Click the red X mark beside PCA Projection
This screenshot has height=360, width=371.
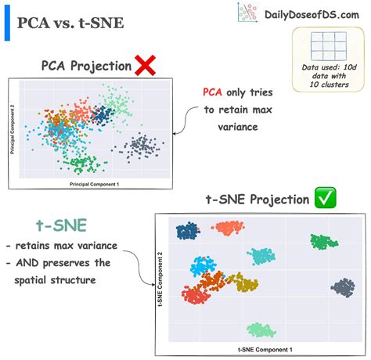pos(145,66)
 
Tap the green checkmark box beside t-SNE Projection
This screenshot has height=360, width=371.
pos(324,197)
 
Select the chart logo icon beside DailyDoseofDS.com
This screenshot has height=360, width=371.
pos(248,13)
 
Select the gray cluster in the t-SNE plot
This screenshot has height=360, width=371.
pos(343,288)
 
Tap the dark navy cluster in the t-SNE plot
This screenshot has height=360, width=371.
pos(188,231)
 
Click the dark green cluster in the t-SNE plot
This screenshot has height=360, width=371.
pos(322,241)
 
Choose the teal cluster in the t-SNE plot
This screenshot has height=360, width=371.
pos(260,255)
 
